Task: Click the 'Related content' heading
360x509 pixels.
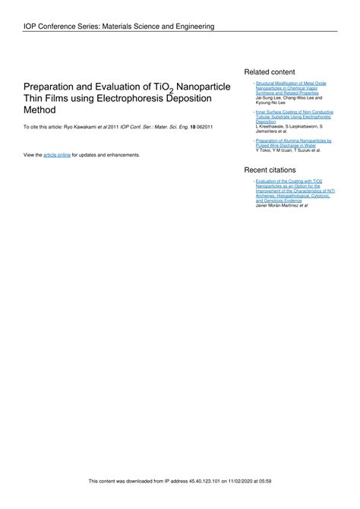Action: click(269, 71)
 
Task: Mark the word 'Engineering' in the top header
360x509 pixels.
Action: click(191, 27)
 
